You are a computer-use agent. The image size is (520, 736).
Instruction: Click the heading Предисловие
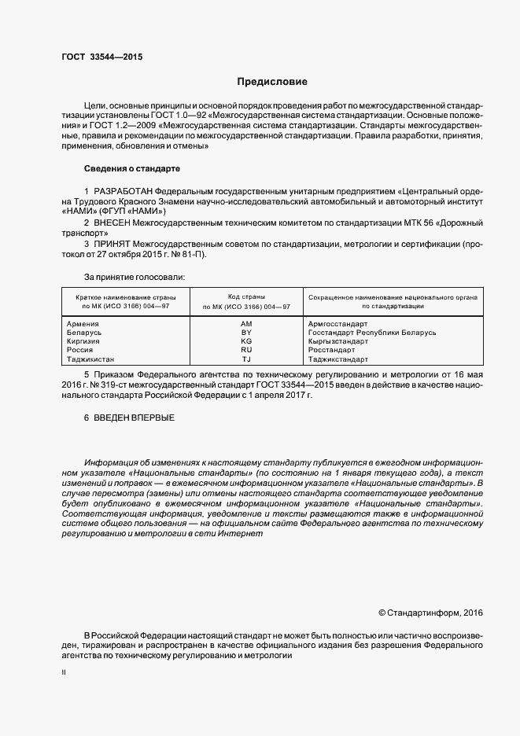tap(272, 82)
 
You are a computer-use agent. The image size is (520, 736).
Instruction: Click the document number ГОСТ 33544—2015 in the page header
tap(101, 57)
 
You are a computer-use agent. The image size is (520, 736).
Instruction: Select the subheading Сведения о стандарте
tap(132, 169)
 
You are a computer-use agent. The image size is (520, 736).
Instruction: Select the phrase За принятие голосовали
tap(135, 277)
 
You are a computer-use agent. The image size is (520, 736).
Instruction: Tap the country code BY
tap(246, 333)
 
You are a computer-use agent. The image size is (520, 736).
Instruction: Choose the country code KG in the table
tap(246, 341)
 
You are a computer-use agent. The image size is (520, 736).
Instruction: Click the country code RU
tap(246, 350)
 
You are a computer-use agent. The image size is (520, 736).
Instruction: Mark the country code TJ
tap(246, 359)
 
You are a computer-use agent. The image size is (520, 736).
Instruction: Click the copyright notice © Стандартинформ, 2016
tap(430, 612)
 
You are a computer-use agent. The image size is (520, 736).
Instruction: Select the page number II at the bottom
tap(64, 673)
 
